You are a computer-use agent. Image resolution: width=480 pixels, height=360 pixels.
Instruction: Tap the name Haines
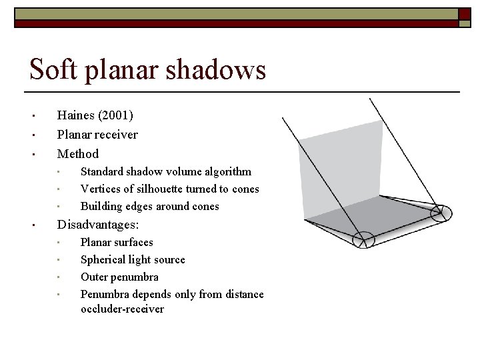pyautogui.click(x=77, y=116)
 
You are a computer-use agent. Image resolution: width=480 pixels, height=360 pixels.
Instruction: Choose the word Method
pyautogui.click(x=78, y=153)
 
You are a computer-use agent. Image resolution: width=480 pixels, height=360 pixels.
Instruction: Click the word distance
pyautogui.click(x=243, y=295)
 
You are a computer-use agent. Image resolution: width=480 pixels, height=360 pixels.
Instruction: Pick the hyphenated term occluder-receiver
pyautogui.click(x=122, y=309)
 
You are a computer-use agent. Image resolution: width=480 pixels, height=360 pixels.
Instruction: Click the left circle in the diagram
pyautogui.click(x=363, y=239)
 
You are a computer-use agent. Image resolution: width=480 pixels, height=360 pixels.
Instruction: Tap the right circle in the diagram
pyautogui.click(x=439, y=214)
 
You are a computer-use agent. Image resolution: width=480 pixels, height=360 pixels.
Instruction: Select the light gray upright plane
pyautogui.click(x=340, y=167)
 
